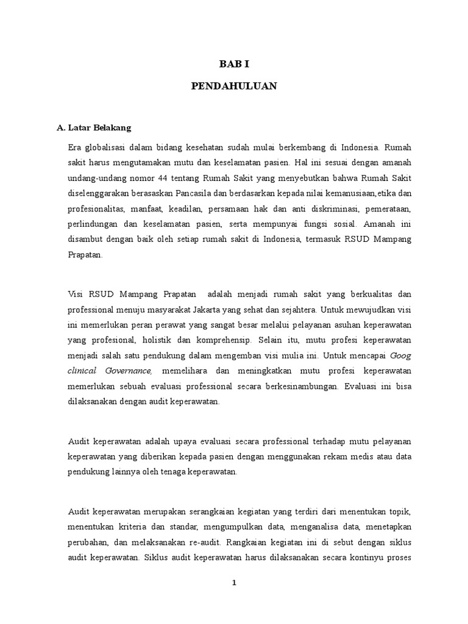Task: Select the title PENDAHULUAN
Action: (x=233, y=87)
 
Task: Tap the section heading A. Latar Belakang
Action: (x=94, y=128)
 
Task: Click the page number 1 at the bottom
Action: (x=233, y=583)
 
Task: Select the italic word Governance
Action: (x=124, y=371)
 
